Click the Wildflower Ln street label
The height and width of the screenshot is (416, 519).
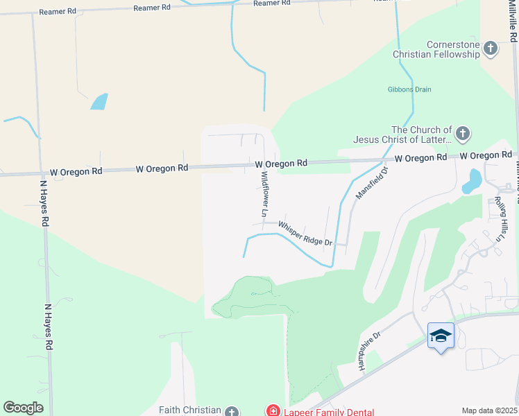pos(264,192)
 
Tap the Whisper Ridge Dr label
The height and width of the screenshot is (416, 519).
pos(306,234)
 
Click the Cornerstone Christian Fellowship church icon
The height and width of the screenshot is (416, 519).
pos(491,49)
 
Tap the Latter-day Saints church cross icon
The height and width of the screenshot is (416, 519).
pos(463,133)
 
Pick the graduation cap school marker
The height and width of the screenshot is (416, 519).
pos(441,336)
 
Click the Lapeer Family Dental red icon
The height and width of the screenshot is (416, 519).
pos(273,411)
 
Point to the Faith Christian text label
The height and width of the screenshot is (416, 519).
pos(189,410)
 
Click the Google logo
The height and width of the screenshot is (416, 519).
pos(24,408)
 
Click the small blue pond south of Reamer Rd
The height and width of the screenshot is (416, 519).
pos(99,101)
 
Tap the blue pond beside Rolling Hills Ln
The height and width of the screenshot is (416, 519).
pos(473,181)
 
